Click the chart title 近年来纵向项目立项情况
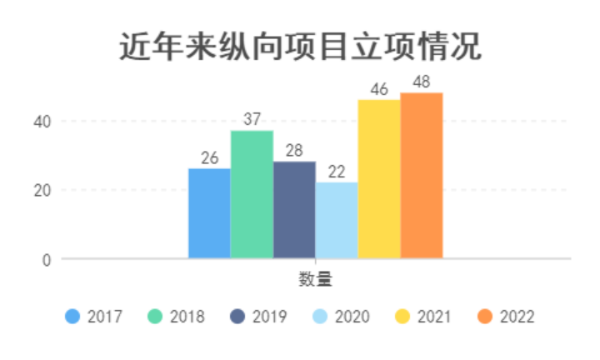click(x=300, y=47)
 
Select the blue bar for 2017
click(x=209, y=213)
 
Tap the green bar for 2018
click(x=252, y=194)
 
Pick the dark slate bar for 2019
click(x=294, y=210)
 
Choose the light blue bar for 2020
click(x=337, y=220)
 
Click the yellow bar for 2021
click(x=379, y=178)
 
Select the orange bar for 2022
click(x=422, y=175)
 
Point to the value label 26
click(x=209, y=157)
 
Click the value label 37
click(x=252, y=120)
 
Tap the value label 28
click(x=294, y=151)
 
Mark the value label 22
click(x=337, y=172)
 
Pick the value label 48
click(x=422, y=82)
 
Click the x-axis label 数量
click(x=316, y=279)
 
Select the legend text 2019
click(x=269, y=317)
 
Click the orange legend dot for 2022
click(x=486, y=317)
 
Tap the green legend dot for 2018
click(x=155, y=317)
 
